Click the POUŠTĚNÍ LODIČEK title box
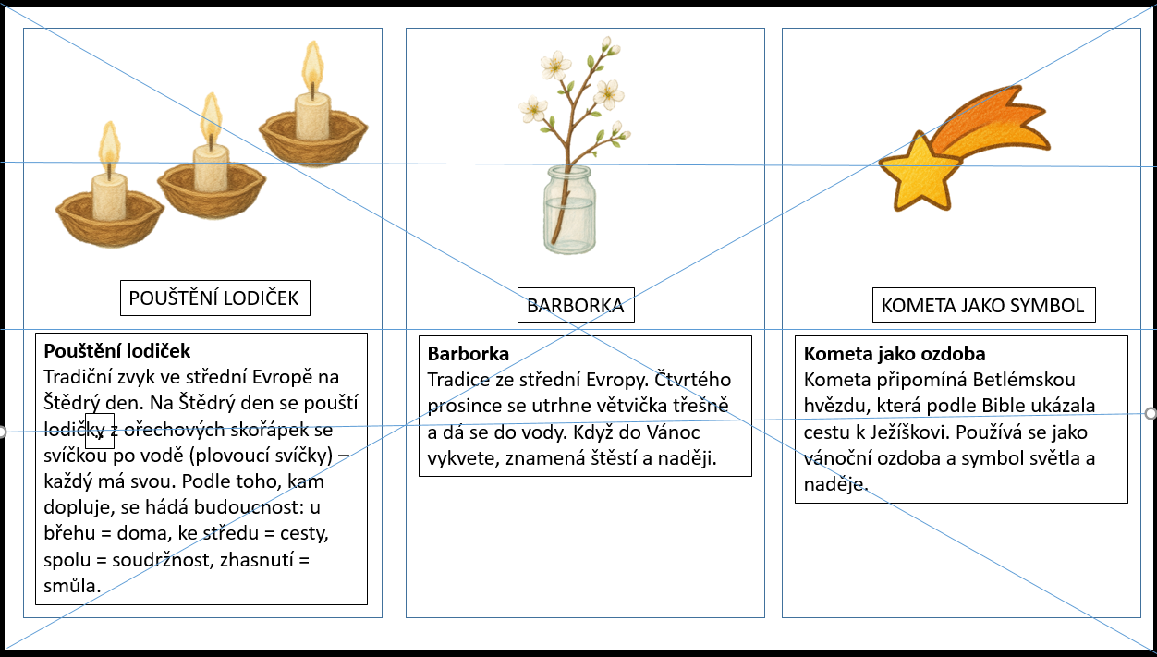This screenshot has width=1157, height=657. click(x=214, y=298)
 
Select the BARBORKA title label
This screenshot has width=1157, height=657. click(x=575, y=306)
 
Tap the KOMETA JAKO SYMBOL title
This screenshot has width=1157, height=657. click(x=983, y=305)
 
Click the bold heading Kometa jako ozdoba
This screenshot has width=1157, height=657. click(x=895, y=354)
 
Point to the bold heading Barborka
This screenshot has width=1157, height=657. click(x=469, y=354)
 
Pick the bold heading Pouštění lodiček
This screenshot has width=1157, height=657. click(x=116, y=351)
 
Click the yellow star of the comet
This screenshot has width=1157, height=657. click(x=918, y=171)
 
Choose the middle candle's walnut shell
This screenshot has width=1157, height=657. click(x=212, y=189)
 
